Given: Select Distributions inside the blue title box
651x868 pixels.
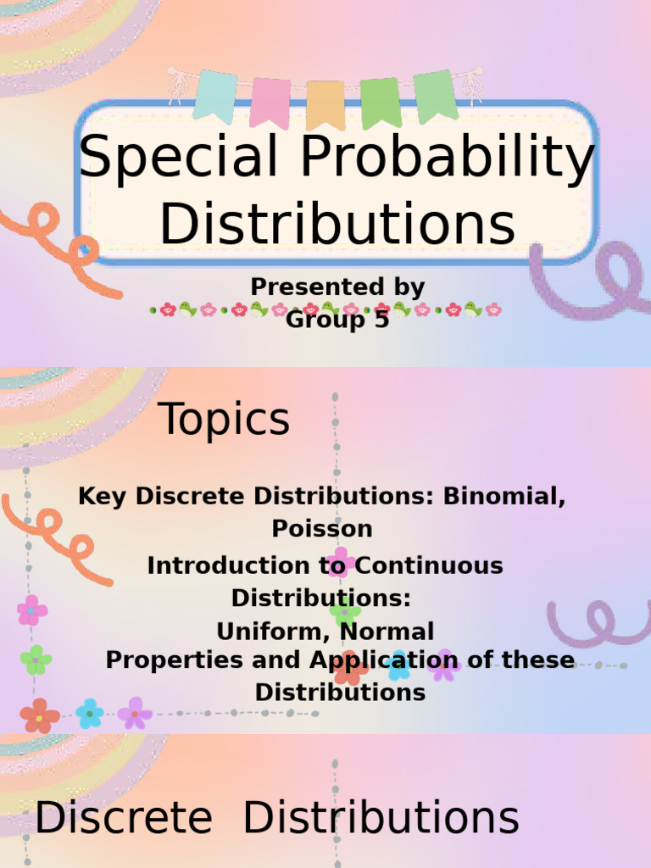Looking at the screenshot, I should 337,224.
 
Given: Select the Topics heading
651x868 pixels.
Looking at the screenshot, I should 224,420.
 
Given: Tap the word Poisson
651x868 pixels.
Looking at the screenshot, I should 322,528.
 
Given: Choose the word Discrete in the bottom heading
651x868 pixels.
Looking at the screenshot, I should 123,820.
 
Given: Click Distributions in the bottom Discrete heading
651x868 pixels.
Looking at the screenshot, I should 381,820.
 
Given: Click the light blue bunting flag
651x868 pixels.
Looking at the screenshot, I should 215,95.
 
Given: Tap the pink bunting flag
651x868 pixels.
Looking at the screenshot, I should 270,102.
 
